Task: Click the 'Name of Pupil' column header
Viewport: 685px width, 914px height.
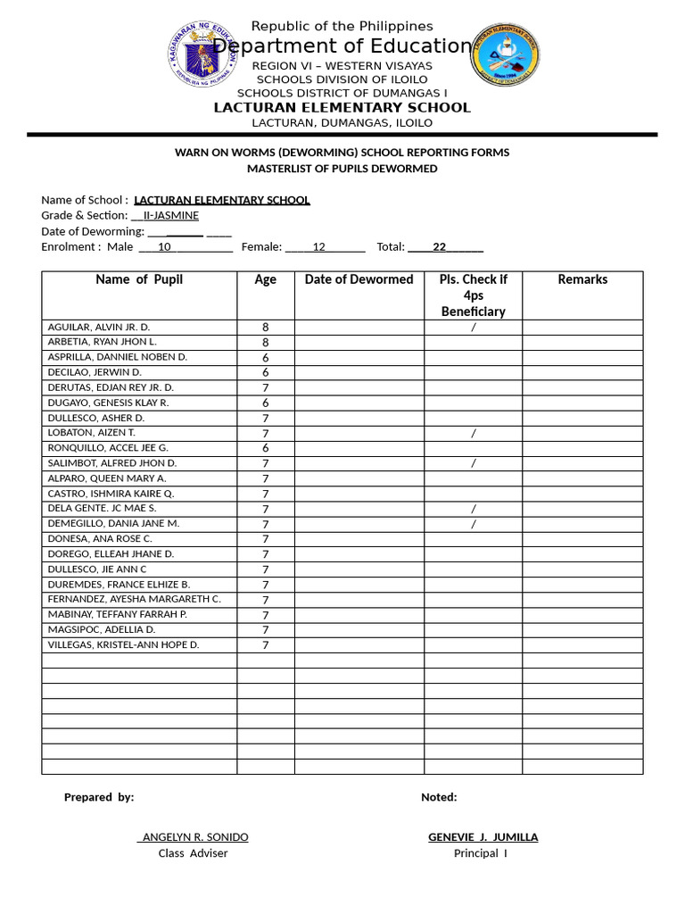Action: click(x=139, y=279)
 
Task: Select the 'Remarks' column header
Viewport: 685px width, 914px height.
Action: click(x=582, y=279)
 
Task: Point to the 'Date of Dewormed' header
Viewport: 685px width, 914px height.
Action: click(x=359, y=279)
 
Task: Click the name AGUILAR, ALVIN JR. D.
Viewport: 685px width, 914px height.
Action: click(x=99, y=328)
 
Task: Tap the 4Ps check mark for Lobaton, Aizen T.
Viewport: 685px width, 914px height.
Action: click(x=473, y=433)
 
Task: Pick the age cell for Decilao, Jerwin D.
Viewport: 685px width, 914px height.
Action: click(x=265, y=372)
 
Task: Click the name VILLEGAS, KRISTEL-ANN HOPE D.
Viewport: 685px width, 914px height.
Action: click(x=123, y=644)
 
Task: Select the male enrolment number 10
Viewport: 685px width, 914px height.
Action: click(x=164, y=247)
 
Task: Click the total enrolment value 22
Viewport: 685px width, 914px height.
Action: click(x=439, y=247)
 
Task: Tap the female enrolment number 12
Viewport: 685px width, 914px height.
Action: click(x=318, y=247)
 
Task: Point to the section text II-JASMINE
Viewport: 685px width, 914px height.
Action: click(x=171, y=216)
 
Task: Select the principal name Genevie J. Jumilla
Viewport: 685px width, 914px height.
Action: click(x=483, y=837)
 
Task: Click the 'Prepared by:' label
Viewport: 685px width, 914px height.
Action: click(x=99, y=797)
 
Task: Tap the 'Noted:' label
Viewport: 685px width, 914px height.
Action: click(x=439, y=797)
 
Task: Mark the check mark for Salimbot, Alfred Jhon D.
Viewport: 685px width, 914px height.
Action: click(x=473, y=463)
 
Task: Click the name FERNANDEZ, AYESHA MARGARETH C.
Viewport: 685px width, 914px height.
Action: click(x=135, y=599)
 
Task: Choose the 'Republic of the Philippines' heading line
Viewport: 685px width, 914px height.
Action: click(x=342, y=27)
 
